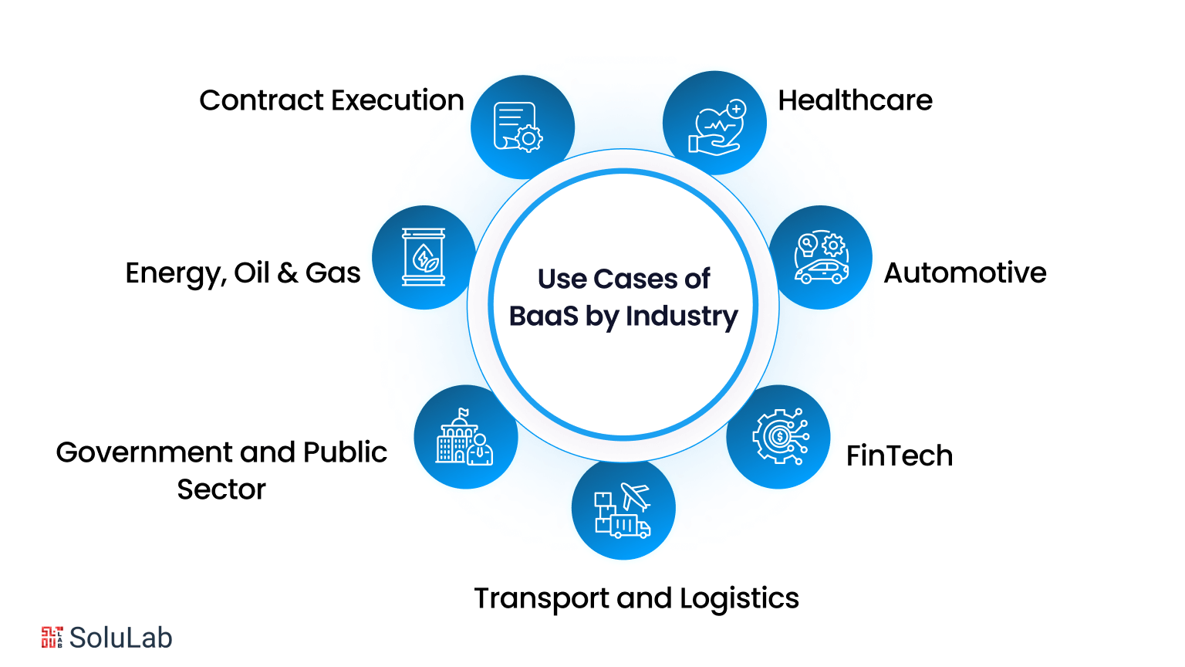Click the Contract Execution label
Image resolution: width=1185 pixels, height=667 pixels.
click(x=331, y=100)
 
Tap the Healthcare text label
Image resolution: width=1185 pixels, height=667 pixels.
click(x=855, y=100)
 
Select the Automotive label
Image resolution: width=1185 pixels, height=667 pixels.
click(x=964, y=273)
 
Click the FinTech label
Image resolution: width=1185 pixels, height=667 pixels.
click(x=899, y=455)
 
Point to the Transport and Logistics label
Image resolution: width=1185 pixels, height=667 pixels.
click(x=636, y=598)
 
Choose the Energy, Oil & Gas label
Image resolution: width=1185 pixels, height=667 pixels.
click(x=242, y=273)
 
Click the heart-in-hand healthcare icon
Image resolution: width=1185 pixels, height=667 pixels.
click(x=717, y=127)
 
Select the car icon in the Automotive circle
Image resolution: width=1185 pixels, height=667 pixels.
click(x=822, y=271)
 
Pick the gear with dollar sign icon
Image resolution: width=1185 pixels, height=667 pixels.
click(x=779, y=437)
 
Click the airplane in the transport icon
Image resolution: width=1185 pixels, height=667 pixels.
click(x=636, y=496)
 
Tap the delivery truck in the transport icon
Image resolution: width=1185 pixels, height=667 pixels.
click(x=631, y=527)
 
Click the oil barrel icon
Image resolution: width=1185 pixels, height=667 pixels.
click(x=424, y=257)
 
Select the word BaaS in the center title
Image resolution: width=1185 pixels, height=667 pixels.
click(x=543, y=317)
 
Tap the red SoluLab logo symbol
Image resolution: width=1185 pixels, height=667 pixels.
click(x=52, y=637)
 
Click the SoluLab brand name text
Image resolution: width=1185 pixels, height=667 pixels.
click(x=120, y=638)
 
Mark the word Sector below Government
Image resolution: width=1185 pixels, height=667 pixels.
click(x=221, y=489)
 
